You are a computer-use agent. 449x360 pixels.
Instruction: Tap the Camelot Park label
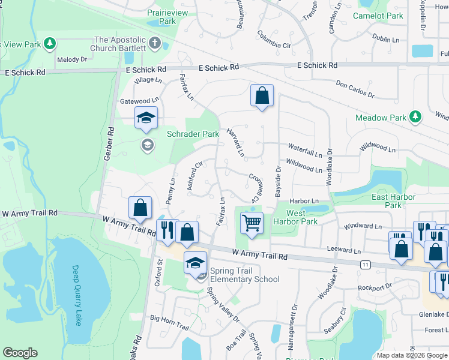coord(379,16)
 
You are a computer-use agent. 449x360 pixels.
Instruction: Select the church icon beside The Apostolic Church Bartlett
coord(155,43)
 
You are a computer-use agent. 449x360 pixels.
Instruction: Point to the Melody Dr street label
coord(72,60)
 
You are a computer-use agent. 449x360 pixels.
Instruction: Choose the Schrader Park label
coord(193,134)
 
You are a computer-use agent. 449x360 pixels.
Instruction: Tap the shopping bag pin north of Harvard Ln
coord(262,95)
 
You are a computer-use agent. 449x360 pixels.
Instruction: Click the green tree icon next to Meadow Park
coord(415,117)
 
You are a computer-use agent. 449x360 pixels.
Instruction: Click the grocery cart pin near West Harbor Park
coord(252,223)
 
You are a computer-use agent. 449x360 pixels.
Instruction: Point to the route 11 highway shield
coord(366,264)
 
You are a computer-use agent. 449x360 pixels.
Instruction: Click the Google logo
coord(20,353)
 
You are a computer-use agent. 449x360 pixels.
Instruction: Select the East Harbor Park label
coord(386,201)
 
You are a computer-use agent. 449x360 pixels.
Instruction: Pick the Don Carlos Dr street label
coord(355,90)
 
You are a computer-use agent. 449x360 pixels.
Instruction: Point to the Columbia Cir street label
coord(274,40)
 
